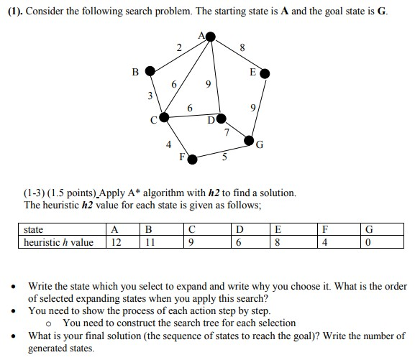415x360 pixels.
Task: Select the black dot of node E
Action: [265, 73]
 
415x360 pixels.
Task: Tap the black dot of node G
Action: [250, 140]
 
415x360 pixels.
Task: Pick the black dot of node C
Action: [164, 116]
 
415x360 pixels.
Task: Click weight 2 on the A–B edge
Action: [178, 47]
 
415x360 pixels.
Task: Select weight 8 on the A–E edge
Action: [242, 48]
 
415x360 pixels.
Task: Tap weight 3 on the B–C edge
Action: [150, 96]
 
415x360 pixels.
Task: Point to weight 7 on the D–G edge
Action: [227, 132]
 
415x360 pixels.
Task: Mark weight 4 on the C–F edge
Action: [168, 144]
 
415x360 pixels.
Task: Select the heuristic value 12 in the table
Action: [114, 242]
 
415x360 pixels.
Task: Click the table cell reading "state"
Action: [34, 230]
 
